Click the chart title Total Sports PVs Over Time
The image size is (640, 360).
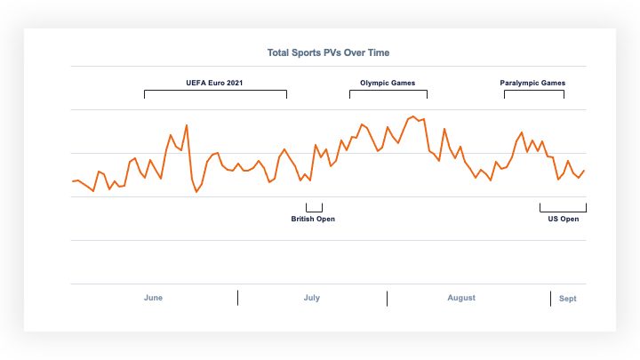point(328,52)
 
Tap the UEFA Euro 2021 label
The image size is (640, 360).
point(214,83)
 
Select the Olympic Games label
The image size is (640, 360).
point(388,83)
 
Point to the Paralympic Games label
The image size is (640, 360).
point(532,83)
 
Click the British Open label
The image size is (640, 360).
point(313,219)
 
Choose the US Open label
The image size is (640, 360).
point(563,219)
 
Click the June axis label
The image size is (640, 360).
point(153,298)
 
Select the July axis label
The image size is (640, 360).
point(311,298)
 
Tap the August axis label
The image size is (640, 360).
point(461,298)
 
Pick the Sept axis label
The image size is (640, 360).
point(567,299)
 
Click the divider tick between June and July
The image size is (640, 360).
point(237,298)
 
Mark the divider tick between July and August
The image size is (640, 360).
point(387,298)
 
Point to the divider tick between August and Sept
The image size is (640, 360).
point(550,298)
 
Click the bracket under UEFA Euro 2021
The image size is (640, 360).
point(215,91)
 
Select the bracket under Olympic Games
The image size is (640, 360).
point(388,91)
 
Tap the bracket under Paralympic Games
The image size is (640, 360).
point(533,91)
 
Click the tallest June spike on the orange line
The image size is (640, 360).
point(186,126)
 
